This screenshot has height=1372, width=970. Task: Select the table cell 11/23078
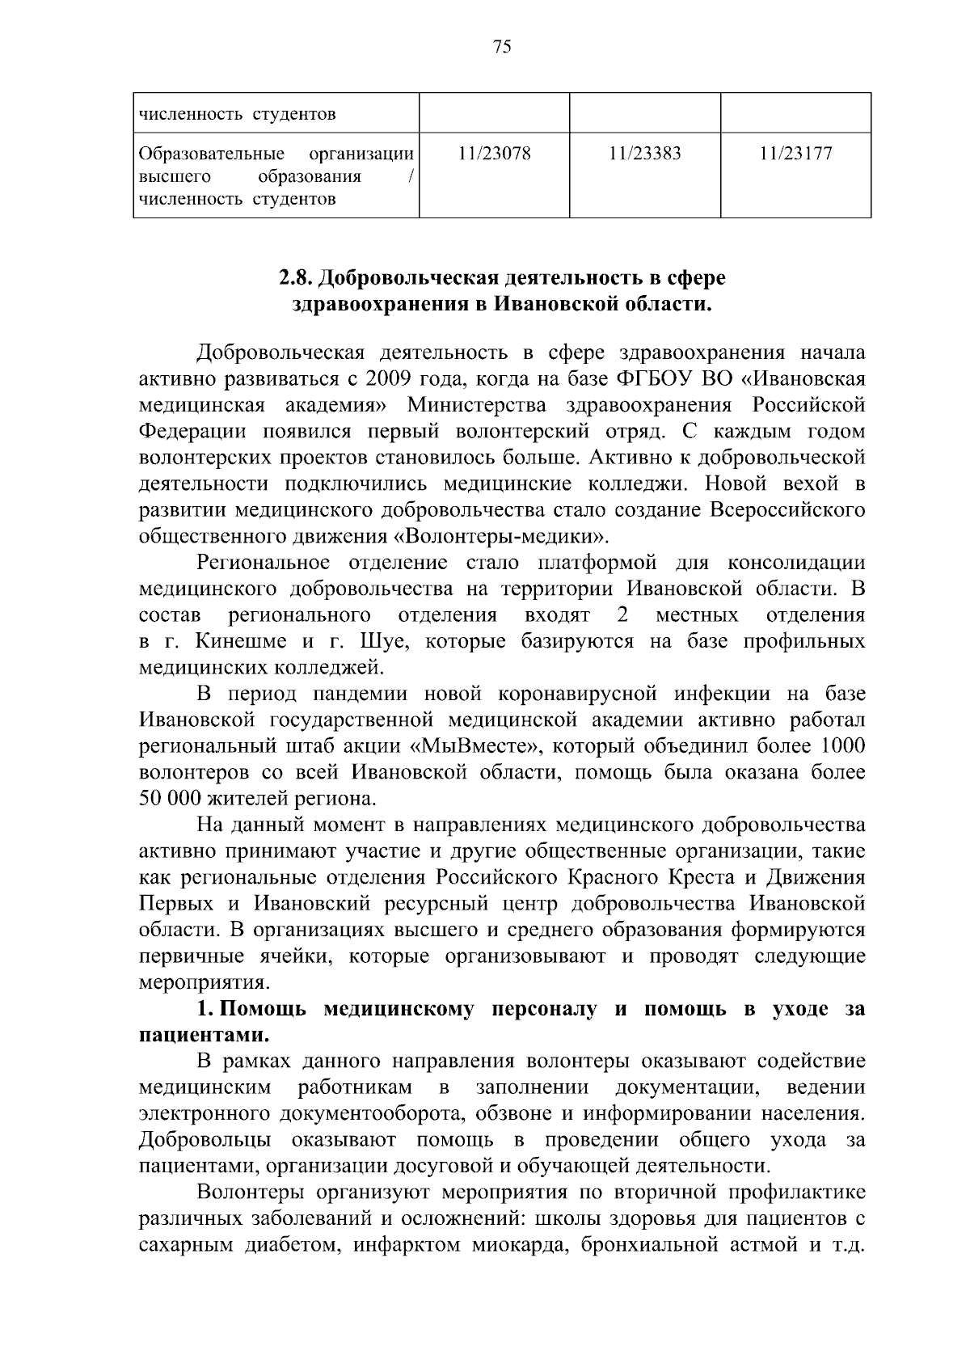point(494,154)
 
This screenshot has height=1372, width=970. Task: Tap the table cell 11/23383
point(645,154)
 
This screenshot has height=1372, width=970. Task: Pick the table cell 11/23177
point(795,154)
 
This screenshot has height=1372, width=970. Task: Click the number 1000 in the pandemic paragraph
point(843,745)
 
